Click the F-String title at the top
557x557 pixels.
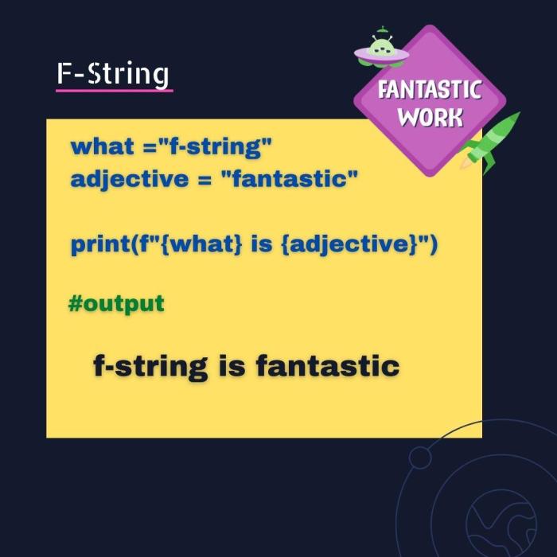(112, 73)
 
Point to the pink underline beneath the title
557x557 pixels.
(114, 90)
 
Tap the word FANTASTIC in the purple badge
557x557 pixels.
(430, 89)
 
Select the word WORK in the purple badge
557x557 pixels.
(430, 118)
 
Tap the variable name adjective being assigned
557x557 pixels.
(127, 178)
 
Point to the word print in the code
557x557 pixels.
(99, 243)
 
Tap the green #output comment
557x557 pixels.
(116, 303)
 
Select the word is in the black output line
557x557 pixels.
(232, 366)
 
